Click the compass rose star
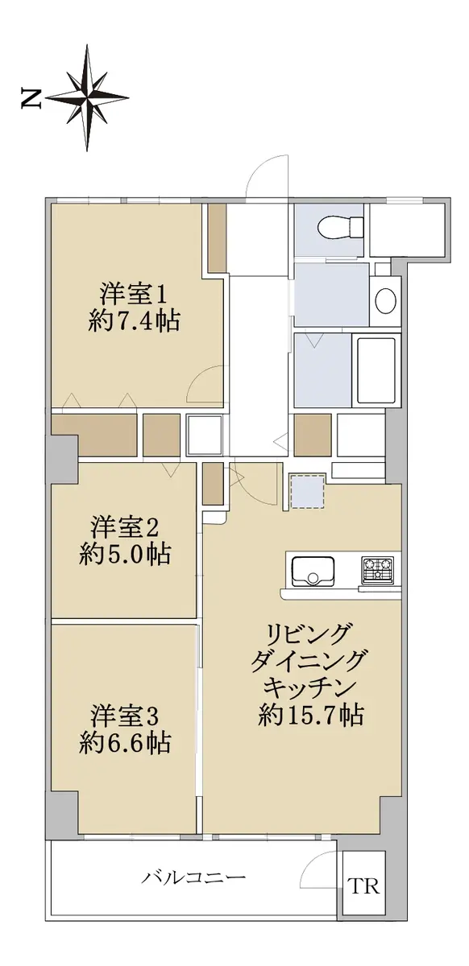coord(87,98)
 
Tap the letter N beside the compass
coord(31,99)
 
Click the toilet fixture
coord(341,227)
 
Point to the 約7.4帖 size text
coord(134,322)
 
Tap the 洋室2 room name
coord(125,528)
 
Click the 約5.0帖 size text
coord(125,555)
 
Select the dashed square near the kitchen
coord(307,492)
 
